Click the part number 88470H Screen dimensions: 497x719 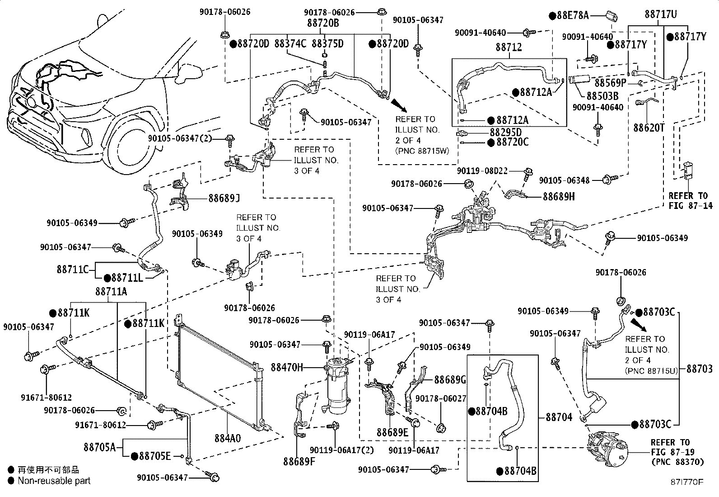[287, 368]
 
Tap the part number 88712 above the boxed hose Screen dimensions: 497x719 [509, 47]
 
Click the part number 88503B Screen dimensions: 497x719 [602, 96]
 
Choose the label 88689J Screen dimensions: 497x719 [224, 198]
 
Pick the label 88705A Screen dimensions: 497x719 [100, 447]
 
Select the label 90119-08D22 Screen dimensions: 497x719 [482, 171]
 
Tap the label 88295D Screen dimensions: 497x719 [506, 132]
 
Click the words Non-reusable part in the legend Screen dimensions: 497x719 [54, 481]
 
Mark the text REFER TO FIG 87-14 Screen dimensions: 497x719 [687, 201]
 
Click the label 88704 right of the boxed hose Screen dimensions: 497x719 [559, 417]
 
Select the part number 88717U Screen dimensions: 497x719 [661, 14]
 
